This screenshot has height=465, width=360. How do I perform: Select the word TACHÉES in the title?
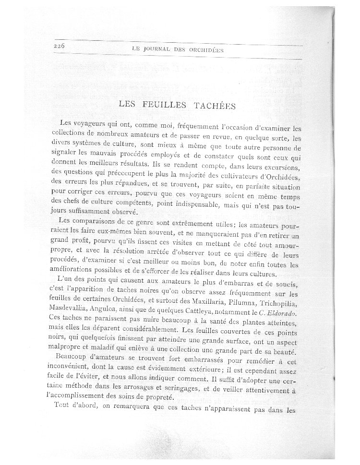pyautogui.click(x=216, y=106)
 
